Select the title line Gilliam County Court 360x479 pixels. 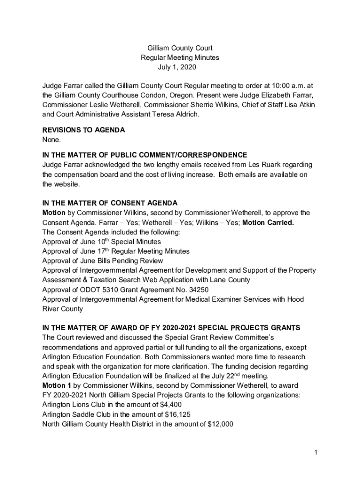click(x=180, y=48)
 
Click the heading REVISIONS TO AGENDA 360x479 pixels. click(x=83, y=130)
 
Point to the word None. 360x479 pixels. click(x=51, y=139)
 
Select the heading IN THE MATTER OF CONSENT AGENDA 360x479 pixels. click(x=110, y=203)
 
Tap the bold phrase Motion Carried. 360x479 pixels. click(x=268, y=222)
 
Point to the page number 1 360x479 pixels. click(x=316, y=452)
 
